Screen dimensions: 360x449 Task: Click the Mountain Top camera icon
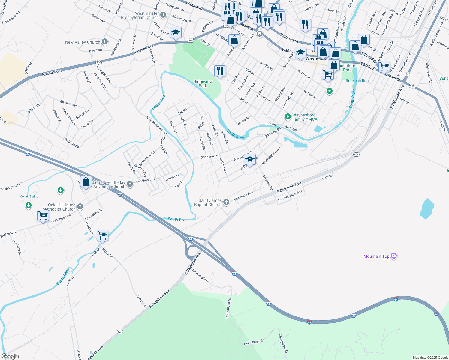(x=394, y=256)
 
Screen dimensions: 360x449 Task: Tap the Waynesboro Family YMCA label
(x=305, y=117)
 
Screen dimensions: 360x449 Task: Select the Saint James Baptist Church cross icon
(x=226, y=202)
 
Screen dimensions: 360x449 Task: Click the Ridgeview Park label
(x=203, y=84)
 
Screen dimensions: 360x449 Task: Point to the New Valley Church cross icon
(x=104, y=42)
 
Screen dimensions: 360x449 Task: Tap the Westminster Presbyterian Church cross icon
(x=163, y=15)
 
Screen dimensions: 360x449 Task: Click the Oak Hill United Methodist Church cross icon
(x=80, y=206)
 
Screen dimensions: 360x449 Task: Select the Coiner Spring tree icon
(x=29, y=205)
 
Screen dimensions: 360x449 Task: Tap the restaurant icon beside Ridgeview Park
(x=220, y=71)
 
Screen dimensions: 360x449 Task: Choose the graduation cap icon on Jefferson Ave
(x=250, y=159)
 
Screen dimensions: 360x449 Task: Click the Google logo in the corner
(x=10, y=356)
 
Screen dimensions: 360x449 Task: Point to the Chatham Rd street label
(x=71, y=142)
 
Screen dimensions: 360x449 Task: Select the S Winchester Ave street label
(x=290, y=196)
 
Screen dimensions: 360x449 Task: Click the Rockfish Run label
(x=357, y=81)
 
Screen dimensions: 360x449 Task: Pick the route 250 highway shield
(x=412, y=86)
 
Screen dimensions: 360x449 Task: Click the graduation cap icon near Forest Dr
(x=176, y=32)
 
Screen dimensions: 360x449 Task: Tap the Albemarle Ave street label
(x=243, y=196)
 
